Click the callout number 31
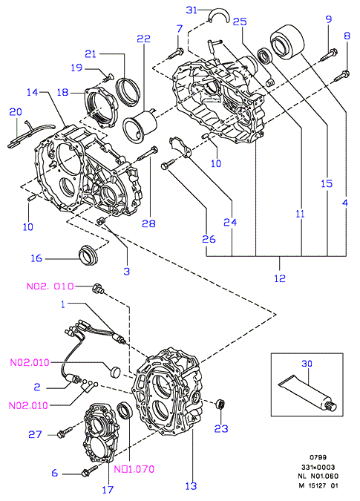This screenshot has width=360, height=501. pyautogui.click(x=192, y=10)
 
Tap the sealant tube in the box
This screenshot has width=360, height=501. pyautogui.click(x=308, y=393)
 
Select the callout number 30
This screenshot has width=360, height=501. pyautogui.click(x=307, y=363)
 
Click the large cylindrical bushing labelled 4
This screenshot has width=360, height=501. pyautogui.click(x=287, y=42)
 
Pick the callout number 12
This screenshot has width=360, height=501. pyautogui.click(x=280, y=278)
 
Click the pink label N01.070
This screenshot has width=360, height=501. pyautogui.click(x=134, y=469)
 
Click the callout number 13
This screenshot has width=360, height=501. pyautogui.click(x=191, y=486)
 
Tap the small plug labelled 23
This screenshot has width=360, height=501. pyautogui.click(x=220, y=405)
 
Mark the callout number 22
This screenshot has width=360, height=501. pyautogui.click(x=143, y=39)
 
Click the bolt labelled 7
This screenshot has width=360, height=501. pyautogui.click(x=175, y=53)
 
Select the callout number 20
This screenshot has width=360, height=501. pyautogui.click(x=16, y=112)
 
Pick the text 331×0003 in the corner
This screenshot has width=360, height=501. pyautogui.click(x=318, y=467)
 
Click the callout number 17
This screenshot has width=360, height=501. pyautogui.click(x=108, y=489)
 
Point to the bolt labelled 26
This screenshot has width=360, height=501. pyautogui.click(x=168, y=164)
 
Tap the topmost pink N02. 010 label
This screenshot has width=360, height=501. pyautogui.click(x=50, y=286)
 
